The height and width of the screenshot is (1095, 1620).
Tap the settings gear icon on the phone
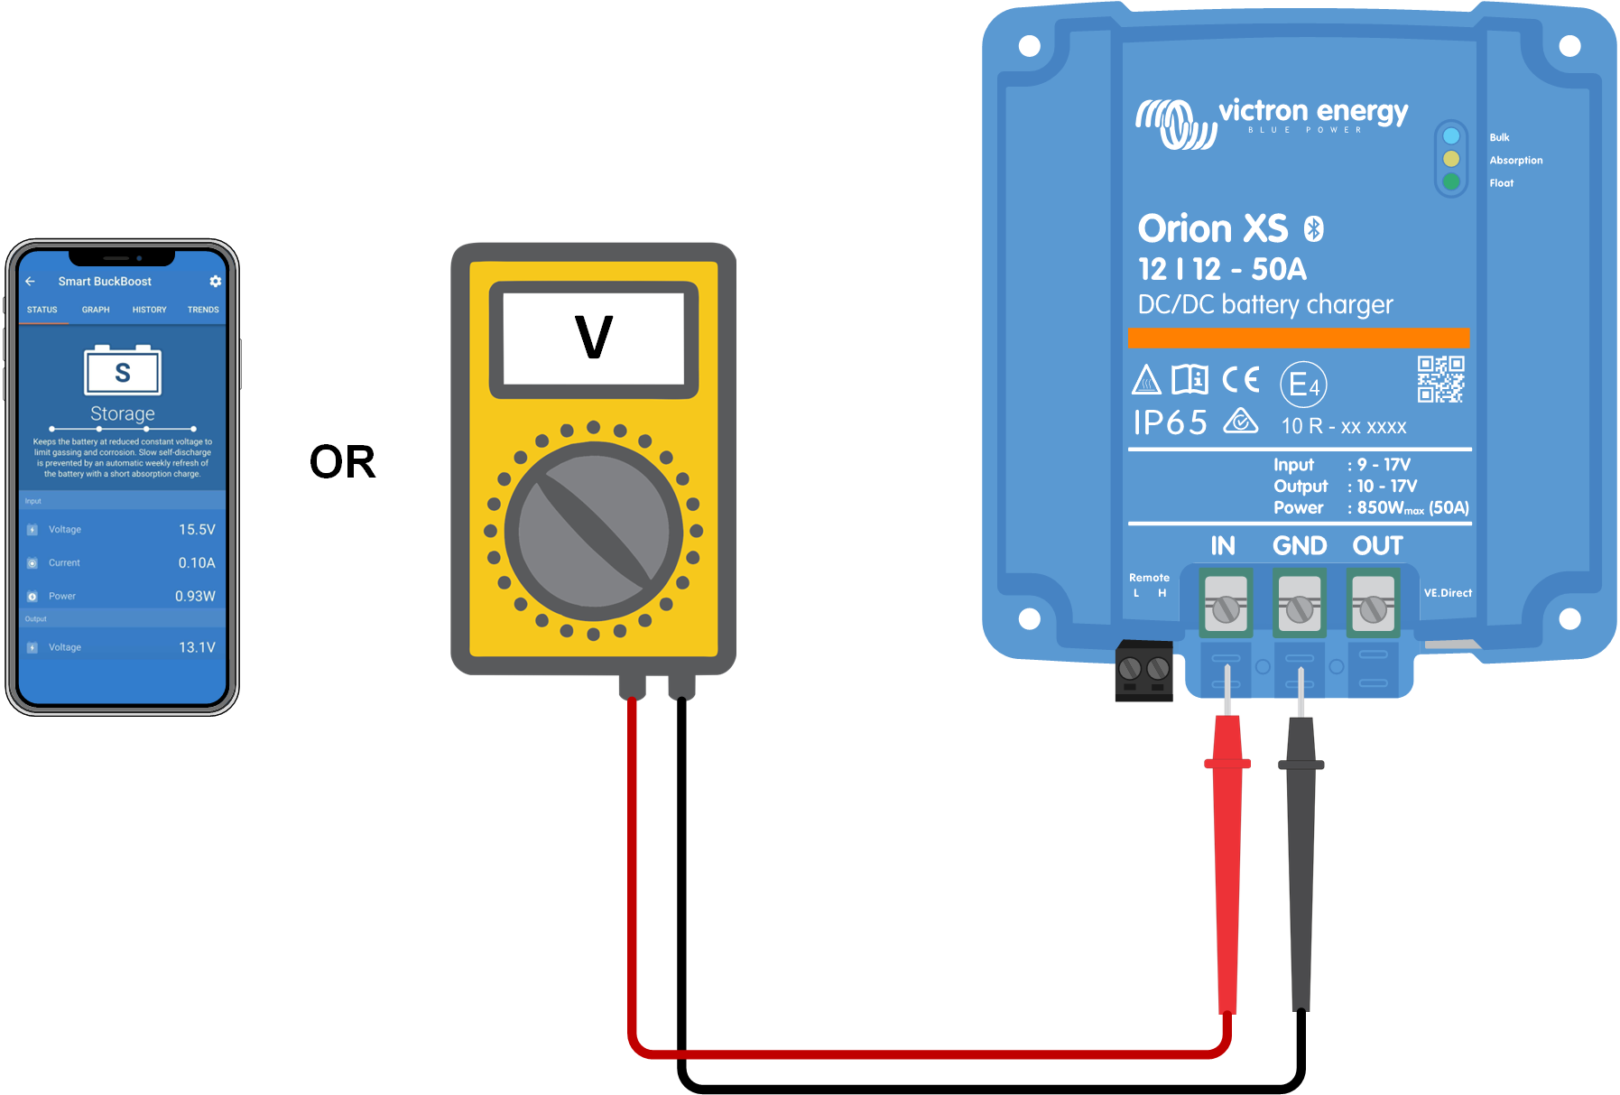(215, 282)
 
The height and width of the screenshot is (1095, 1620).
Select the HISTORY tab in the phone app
(149, 310)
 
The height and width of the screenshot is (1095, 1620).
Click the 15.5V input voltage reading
(197, 530)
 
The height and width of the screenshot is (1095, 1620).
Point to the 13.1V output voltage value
(197, 647)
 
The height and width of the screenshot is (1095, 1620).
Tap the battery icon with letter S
(123, 371)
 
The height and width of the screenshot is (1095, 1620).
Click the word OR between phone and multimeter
(342, 462)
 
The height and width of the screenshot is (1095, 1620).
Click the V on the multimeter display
(593, 338)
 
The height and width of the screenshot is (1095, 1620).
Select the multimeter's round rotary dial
(593, 531)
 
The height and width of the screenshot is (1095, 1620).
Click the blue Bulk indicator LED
(1451, 136)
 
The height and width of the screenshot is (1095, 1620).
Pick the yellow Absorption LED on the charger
(1451, 159)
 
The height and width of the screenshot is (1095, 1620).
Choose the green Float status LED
(1451, 181)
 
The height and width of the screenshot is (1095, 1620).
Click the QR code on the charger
(1440, 379)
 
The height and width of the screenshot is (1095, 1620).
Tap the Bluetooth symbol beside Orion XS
(1314, 229)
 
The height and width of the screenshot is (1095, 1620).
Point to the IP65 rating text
(1170, 422)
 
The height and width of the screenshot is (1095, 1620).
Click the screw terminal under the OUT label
(1373, 610)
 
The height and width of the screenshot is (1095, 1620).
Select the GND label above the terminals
(1299, 546)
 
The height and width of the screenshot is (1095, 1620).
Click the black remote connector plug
(1143, 671)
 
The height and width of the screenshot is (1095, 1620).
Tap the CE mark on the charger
(1241, 379)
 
